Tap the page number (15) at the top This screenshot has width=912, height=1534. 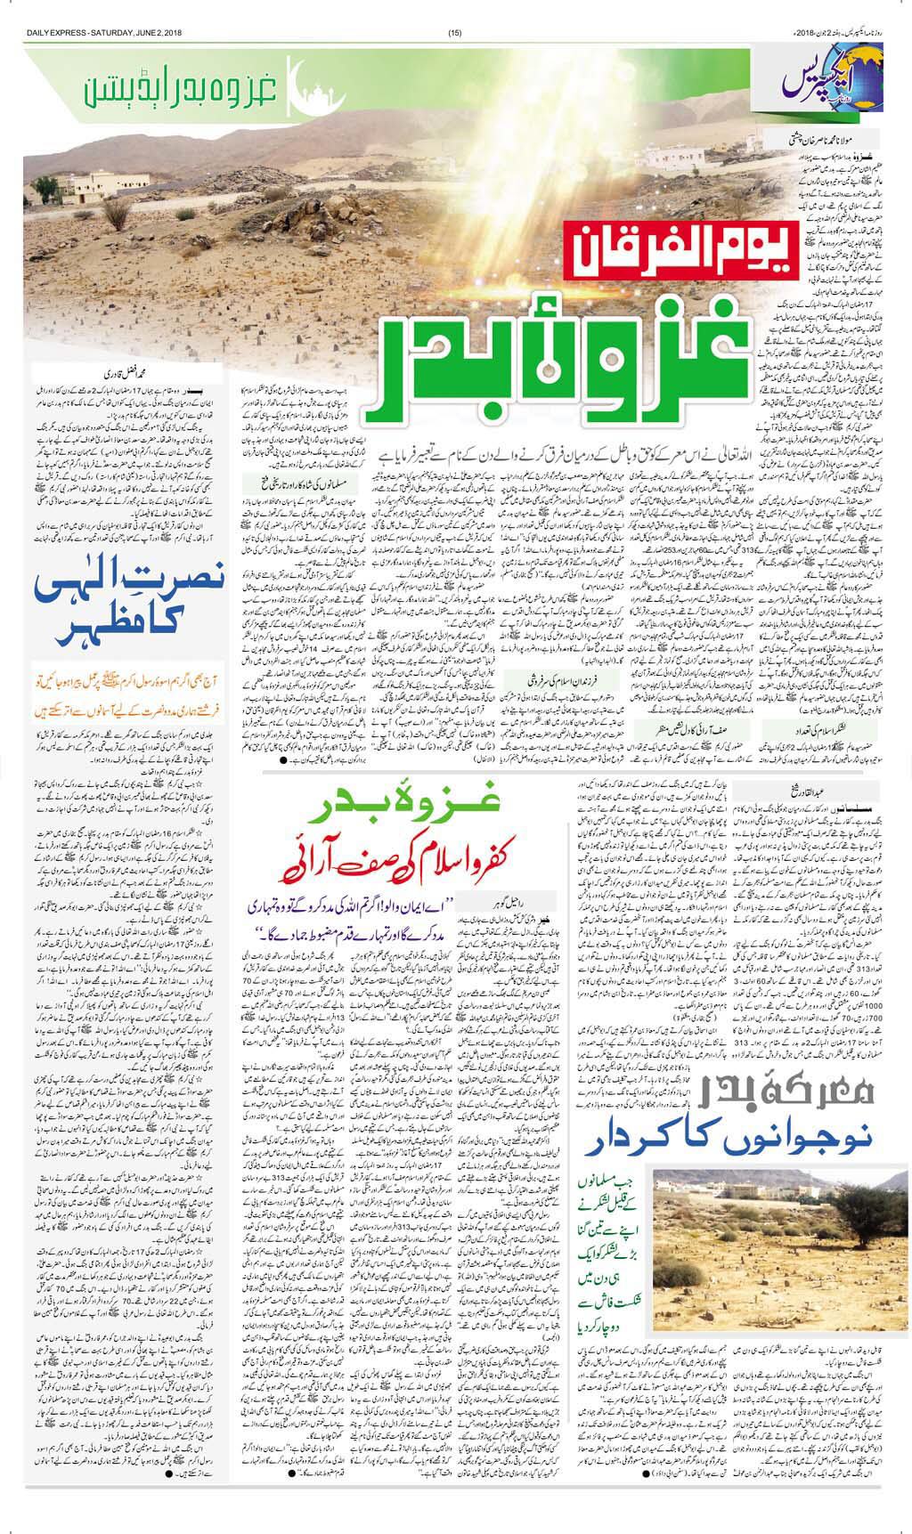pyautogui.click(x=455, y=9)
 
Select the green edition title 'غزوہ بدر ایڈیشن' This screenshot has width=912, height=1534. pyautogui.click(x=187, y=87)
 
